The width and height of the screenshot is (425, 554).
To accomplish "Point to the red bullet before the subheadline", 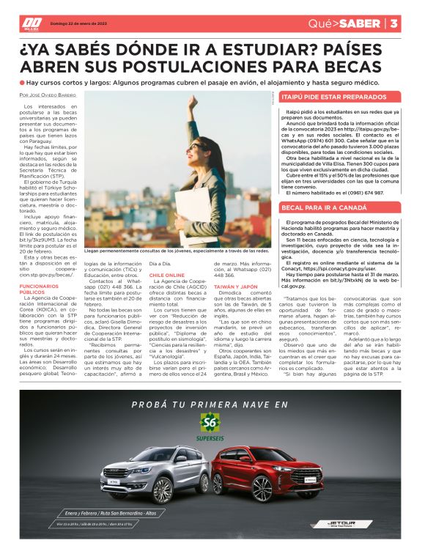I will pos(23,83).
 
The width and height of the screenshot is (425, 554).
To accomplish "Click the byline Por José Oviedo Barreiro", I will pos(48,95).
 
